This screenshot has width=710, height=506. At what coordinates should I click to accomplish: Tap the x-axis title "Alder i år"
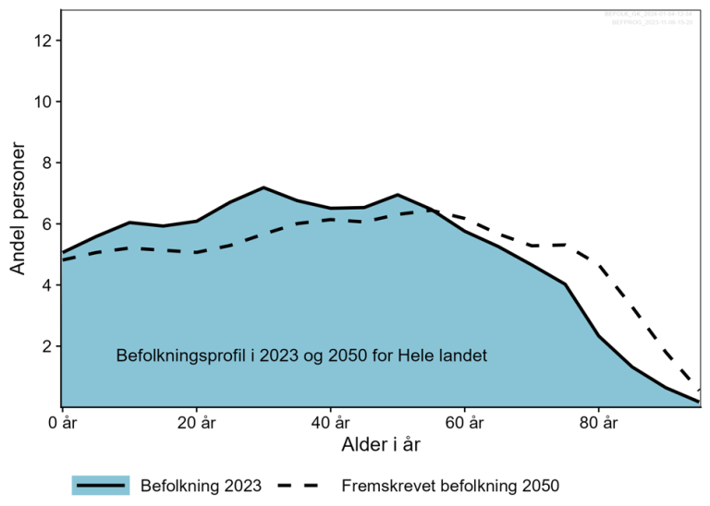tap(380, 446)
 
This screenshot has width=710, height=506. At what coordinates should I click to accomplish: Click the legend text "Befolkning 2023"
tap(201, 485)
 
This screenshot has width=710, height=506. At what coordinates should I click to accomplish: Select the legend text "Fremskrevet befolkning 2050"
tap(450, 485)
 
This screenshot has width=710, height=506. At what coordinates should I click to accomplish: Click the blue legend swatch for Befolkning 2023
tap(101, 485)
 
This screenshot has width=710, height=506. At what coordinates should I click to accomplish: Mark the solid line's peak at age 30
tap(263, 187)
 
